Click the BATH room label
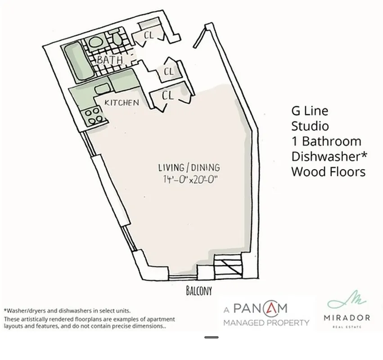click(x=110, y=60)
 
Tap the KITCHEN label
click(x=122, y=103)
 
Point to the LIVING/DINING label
click(x=189, y=168)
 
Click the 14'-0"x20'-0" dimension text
click(x=191, y=180)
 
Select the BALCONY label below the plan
click(x=198, y=291)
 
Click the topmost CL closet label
click(x=149, y=35)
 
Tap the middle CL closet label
click(x=168, y=71)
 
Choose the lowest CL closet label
click(x=167, y=95)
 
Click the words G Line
click(x=310, y=111)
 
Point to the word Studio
click(x=310, y=126)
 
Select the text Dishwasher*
click(x=329, y=156)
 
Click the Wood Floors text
click(x=328, y=171)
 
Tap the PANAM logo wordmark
click(x=260, y=309)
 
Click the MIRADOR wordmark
click(x=347, y=318)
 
